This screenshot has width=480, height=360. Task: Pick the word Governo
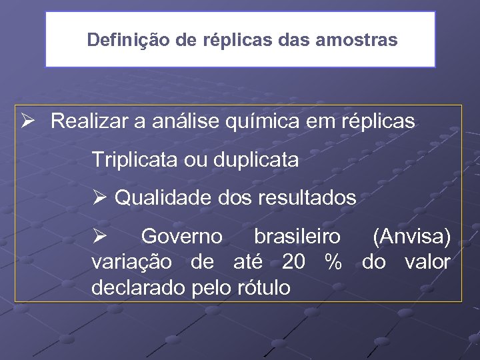[182, 236]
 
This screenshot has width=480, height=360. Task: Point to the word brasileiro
[297, 236]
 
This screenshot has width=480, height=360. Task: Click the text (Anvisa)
[412, 236]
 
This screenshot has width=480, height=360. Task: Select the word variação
[132, 262]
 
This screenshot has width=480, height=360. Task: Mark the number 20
[294, 262]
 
